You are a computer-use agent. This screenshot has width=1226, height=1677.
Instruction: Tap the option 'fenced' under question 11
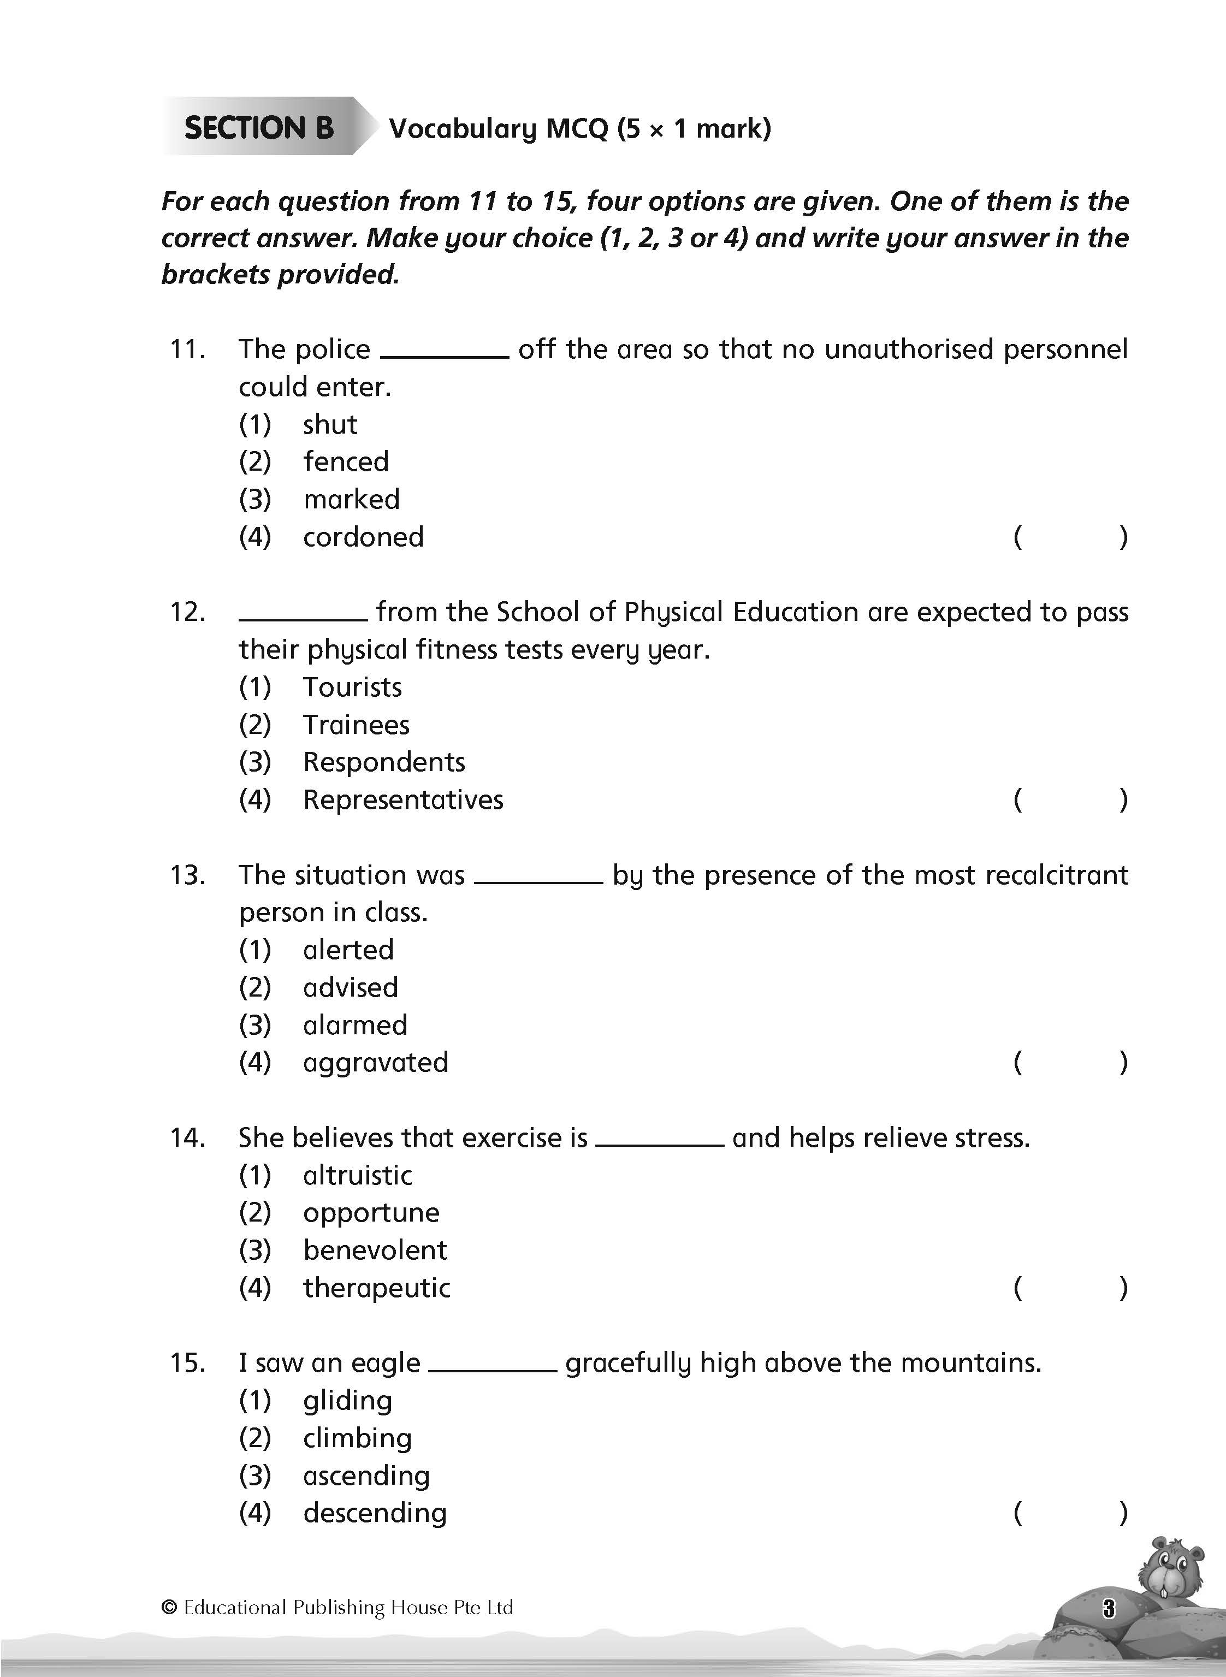click(346, 461)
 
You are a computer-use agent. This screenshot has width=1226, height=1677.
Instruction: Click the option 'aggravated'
click(376, 1063)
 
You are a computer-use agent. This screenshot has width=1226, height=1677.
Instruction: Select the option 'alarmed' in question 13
click(356, 1026)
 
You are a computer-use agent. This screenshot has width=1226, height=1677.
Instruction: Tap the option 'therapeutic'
click(376, 1288)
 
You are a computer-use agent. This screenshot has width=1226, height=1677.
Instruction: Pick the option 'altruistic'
click(358, 1175)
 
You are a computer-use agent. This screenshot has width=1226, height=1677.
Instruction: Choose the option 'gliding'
click(347, 1400)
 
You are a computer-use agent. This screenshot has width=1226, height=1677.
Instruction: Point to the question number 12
click(187, 612)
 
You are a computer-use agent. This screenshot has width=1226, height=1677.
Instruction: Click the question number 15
click(187, 1363)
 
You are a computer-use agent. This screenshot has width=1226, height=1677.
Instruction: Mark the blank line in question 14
click(659, 1143)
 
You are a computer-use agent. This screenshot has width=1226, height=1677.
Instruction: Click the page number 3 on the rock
click(1109, 1609)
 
